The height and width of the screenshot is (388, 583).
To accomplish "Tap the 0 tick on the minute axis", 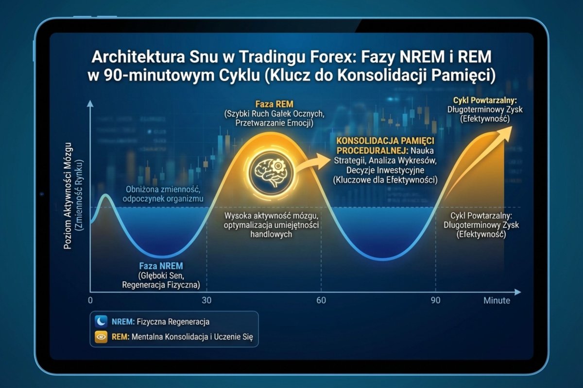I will [90, 300].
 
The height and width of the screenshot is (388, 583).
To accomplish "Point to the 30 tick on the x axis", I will [206, 300].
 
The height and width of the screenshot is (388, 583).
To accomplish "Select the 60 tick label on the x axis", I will [321, 300].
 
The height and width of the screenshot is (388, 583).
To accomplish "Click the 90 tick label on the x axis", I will [435, 300].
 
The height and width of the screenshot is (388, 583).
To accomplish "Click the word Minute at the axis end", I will [497, 301].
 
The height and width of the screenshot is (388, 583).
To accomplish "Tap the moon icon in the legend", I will [101, 321].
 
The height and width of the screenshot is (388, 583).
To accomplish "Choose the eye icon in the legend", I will [101, 336].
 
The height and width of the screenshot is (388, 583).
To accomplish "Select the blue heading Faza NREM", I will [161, 266].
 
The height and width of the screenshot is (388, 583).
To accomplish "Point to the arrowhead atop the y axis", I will [90, 103].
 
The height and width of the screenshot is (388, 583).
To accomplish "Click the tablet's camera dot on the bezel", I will [42, 194].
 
